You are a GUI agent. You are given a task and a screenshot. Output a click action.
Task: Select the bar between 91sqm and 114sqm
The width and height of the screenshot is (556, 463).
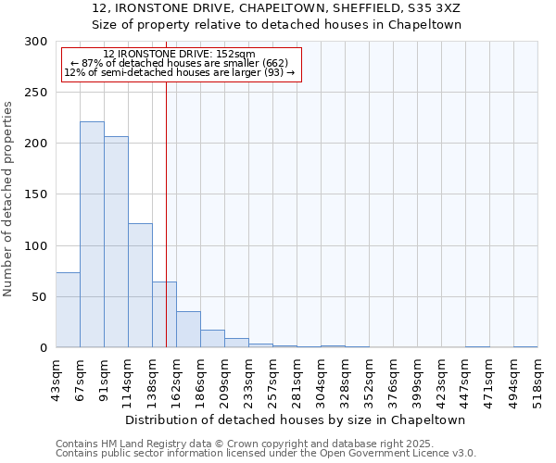[x=116, y=242]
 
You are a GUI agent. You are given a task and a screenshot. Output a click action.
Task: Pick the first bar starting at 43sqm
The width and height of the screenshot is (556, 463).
[x=68, y=310]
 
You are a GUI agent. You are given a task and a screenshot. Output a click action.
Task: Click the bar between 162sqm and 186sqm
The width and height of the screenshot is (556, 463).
[x=188, y=330]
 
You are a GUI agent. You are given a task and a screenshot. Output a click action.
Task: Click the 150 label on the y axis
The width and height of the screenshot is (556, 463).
[x=36, y=195]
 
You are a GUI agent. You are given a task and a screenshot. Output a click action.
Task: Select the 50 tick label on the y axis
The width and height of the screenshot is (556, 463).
[x=40, y=297]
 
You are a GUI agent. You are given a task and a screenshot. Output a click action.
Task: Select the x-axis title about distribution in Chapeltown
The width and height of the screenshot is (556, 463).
[x=296, y=419]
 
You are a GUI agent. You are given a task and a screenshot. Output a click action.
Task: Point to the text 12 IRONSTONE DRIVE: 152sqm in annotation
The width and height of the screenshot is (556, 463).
[x=173, y=55]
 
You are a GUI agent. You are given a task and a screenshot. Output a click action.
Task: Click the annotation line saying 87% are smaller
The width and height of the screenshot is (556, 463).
[x=179, y=63]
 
